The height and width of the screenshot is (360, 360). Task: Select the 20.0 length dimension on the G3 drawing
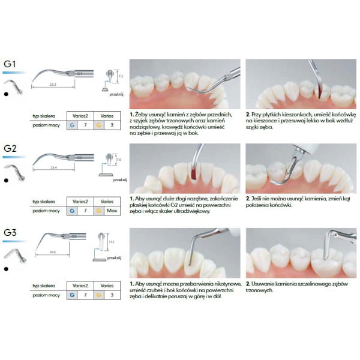(x=55, y=253)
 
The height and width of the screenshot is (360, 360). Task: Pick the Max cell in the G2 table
(x=112, y=211)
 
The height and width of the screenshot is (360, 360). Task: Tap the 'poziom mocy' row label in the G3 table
(x=46, y=296)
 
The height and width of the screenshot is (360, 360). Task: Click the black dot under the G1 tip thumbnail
(x=5, y=94)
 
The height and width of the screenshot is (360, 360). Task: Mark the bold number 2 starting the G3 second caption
(x=248, y=283)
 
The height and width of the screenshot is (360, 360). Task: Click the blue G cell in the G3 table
(x=72, y=296)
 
